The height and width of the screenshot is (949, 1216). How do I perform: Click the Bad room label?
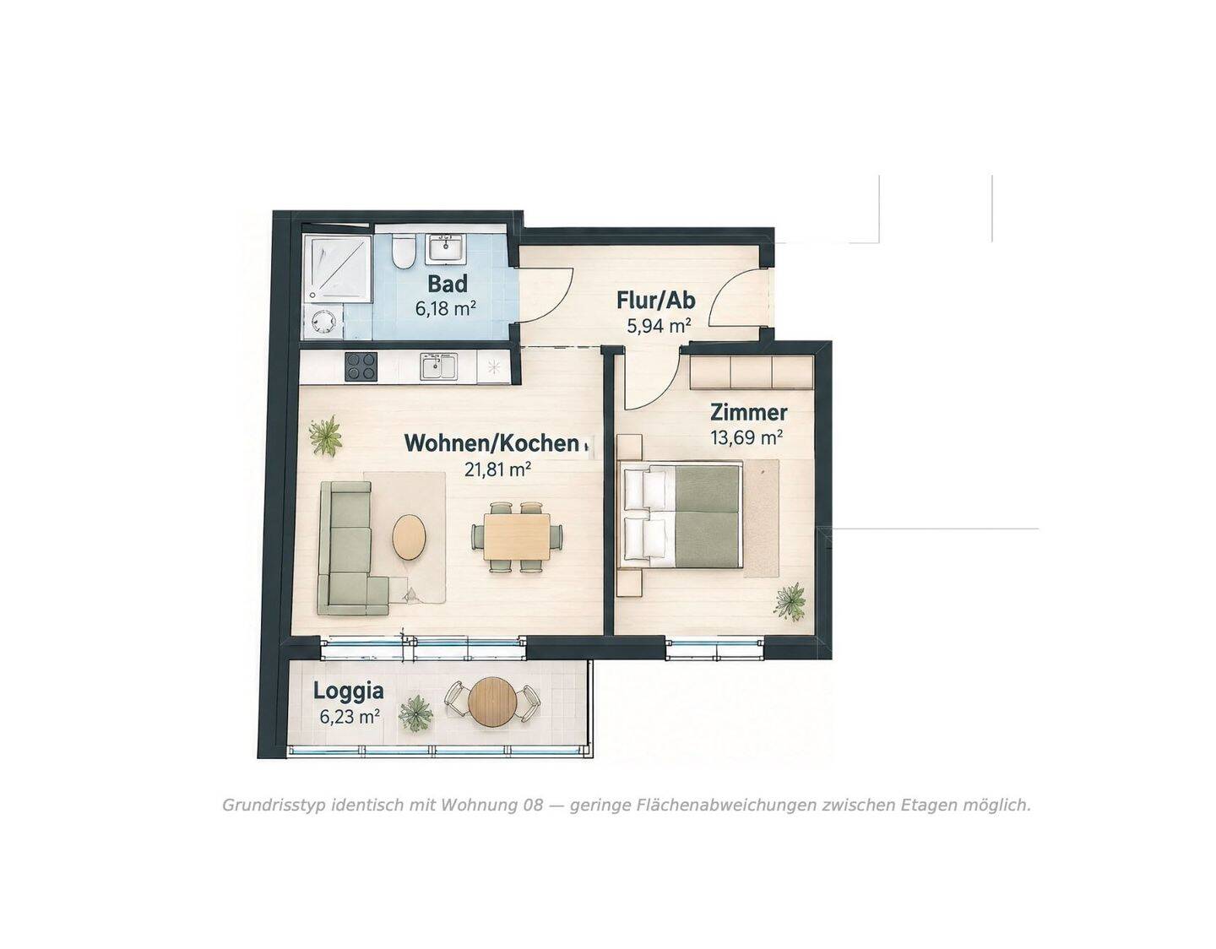click(x=447, y=284)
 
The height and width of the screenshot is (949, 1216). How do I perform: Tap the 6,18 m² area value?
click(x=445, y=307)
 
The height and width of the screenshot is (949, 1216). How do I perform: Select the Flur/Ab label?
click(x=656, y=301)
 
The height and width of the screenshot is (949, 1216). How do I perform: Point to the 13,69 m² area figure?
click(x=746, y=437)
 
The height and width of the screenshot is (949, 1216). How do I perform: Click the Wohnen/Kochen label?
click(x=491, y=443)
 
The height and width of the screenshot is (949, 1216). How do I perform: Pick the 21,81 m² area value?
click(x=497, y=469)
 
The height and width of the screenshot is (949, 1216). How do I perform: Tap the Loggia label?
click(x=348, y=691)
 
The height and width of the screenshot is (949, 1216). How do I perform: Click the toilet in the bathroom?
click(x=403, y=251)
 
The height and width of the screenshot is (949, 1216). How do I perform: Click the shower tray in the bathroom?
click(x=337, y=269)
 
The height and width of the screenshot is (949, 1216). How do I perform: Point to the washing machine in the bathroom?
click(x=323, y=323)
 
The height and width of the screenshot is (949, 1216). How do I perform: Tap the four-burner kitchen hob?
click(x=361, y=366)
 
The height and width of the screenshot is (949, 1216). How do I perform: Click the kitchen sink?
click(x=439, y=366)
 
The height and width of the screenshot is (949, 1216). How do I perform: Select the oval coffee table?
click(x=409, y=537)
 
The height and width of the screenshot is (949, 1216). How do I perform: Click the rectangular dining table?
click(x=517, y=536)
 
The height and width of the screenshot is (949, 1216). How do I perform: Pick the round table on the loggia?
click(x=491, y=702)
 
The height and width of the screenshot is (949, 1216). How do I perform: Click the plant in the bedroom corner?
click(x=790, y=602)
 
